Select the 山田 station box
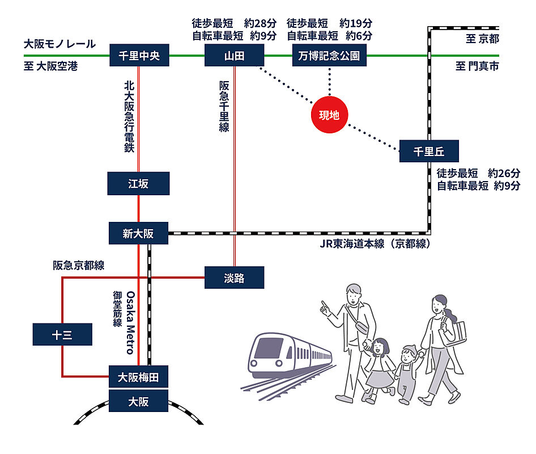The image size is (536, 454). [x=234, y=56]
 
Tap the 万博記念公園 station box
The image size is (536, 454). [x=329, y=56]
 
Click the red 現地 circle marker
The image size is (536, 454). [x=329, y=115]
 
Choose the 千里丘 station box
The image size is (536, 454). [x=428, y=151]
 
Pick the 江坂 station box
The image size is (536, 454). [x=138, y=183]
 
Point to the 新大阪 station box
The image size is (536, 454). [x=138, y=233]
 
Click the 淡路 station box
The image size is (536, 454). [x=234, y=278]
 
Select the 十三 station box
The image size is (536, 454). [x=62, y=334]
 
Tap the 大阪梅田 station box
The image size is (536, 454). [x=138, y=377]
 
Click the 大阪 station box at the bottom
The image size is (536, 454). [x=138, y=401]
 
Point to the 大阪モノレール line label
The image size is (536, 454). [x=59, y=44]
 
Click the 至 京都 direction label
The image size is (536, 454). [x=482, y=39]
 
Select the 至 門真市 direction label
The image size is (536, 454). [x=477, y=67]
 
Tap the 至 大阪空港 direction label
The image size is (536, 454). [x=50, y=67]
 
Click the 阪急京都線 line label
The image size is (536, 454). [x=79, y=265]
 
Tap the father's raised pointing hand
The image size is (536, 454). [x=325, y=307]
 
